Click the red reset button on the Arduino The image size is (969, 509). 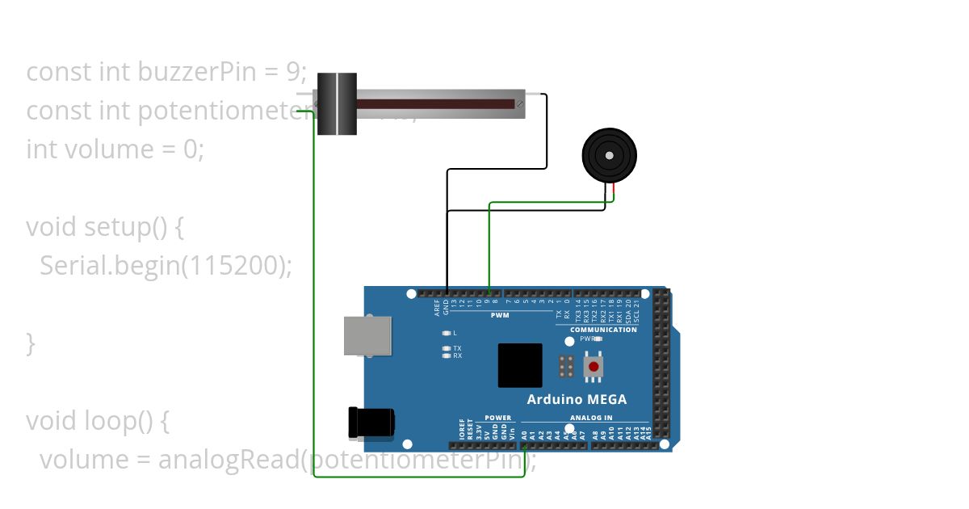pos(594,367)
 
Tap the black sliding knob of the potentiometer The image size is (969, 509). pos(337,103)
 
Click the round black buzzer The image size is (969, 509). pos(610,156)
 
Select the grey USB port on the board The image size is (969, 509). pos(367,335)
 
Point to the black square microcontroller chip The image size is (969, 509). pos(521,365)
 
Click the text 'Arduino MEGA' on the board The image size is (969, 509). pos(577,399)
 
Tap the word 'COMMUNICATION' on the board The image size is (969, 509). pos(603,330)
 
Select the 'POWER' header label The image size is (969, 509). pos(498,418)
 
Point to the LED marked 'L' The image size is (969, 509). pos(447,333)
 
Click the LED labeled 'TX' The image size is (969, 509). pos(447,348)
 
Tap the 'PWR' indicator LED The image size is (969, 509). pos(598,339)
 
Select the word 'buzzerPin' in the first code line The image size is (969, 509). pos(182,72)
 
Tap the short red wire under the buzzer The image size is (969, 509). pos(614,192)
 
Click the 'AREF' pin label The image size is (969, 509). pos(437,307)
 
